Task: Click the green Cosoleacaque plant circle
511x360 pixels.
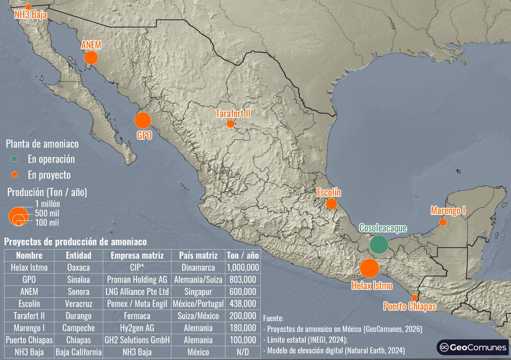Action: (x=379, y=244)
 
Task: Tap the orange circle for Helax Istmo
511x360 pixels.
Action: (x=369, y=268)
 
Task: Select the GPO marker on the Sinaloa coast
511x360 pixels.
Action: (x=143, y=120)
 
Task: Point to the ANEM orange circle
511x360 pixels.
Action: (x=91, y=57)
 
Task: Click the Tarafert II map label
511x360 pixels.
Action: (x=233, y=114)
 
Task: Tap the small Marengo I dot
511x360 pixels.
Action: (x=443, y=222)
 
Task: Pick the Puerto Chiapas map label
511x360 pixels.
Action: (x=409, y=306)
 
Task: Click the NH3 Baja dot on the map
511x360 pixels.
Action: (x=28, y=7)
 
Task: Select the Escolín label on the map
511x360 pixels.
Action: (x=329, y=193)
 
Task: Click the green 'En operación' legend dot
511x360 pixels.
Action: (x=14, y=159)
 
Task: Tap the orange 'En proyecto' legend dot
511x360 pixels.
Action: (x=14, y=174)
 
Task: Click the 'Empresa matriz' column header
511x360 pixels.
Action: (x=137, y=256)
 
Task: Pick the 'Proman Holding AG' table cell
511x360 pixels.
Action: (x=137, y=280)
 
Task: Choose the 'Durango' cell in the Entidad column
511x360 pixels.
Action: (x=78, y=316)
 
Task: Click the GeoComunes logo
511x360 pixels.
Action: (x=472, y=347)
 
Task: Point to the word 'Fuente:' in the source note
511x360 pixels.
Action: (x=273, y=318)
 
